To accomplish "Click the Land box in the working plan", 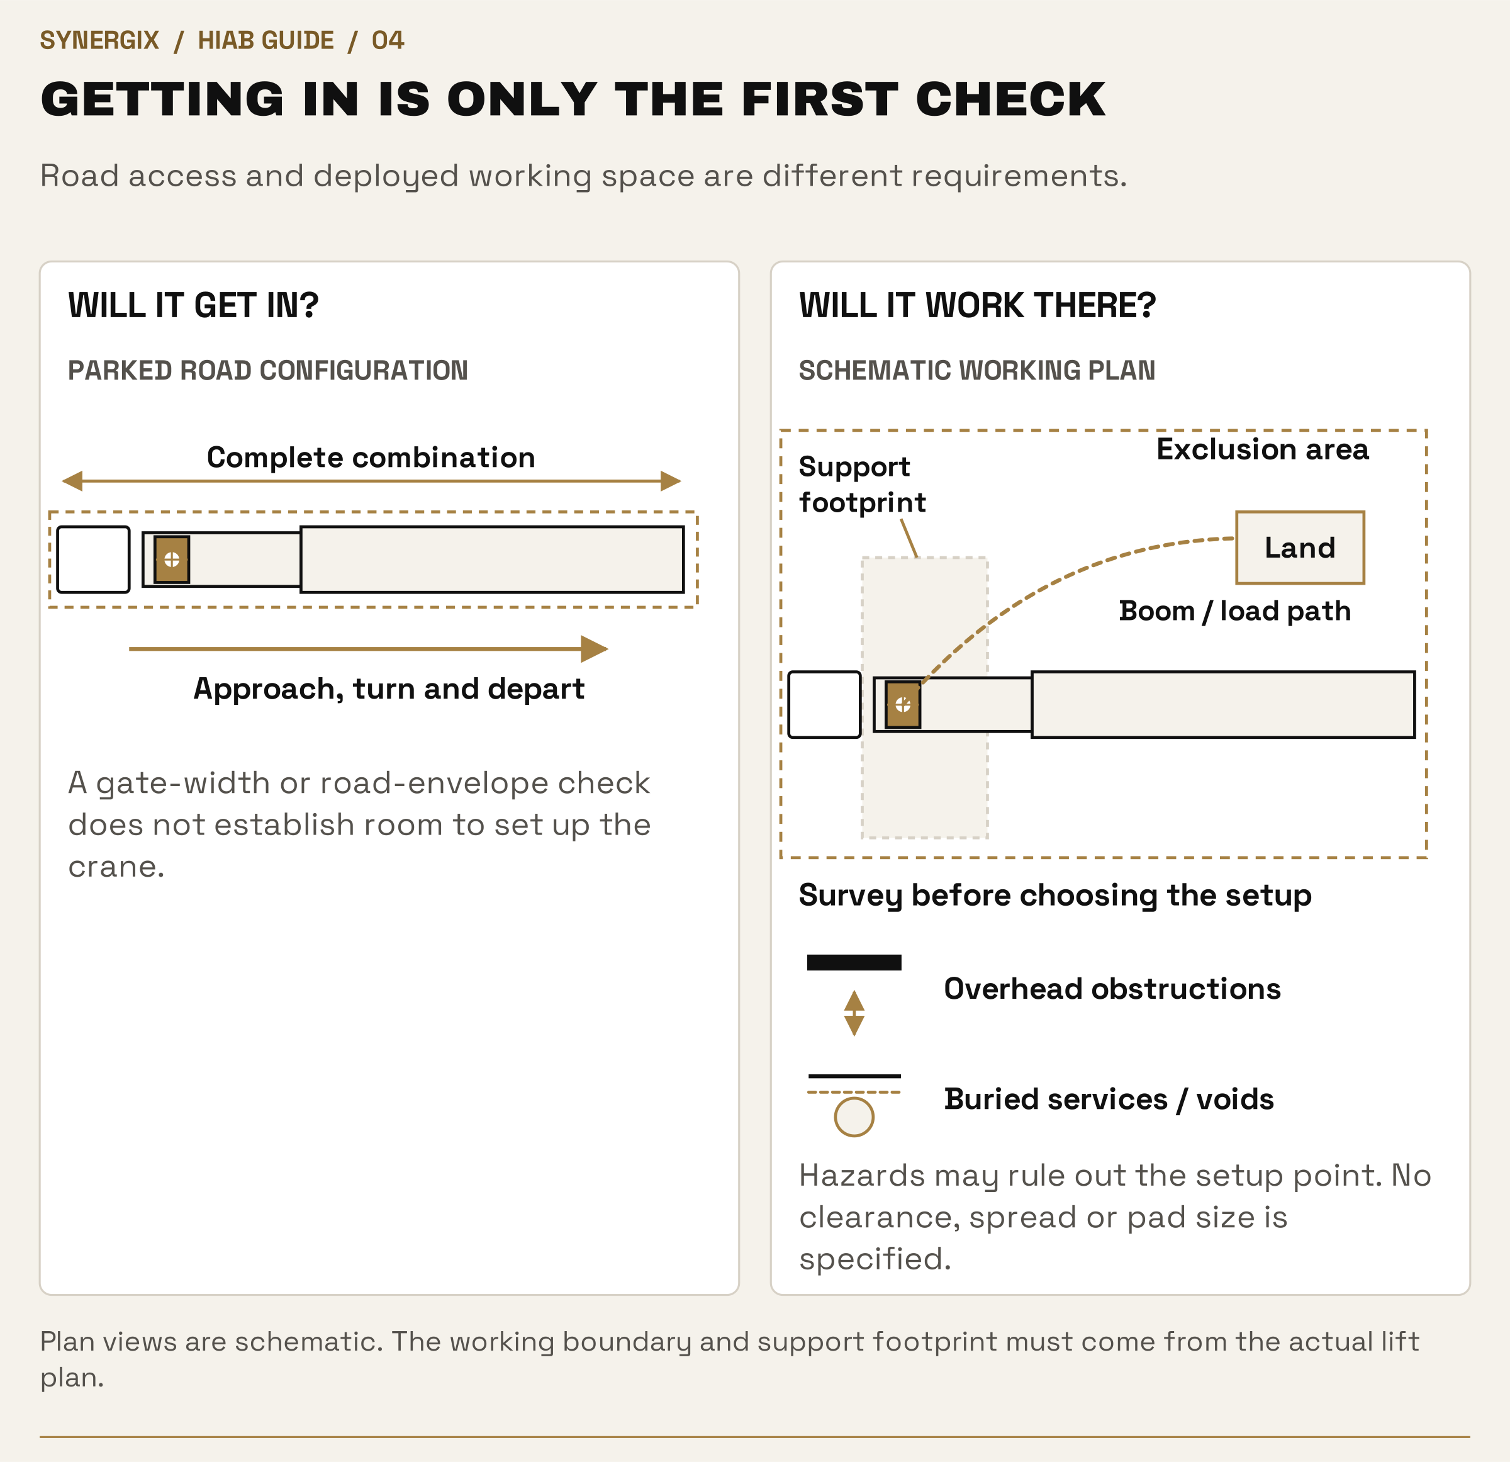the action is [1300, 547].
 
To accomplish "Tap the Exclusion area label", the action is [1263, 449].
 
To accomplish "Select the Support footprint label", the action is [862, 484].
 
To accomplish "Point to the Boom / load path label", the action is [1235, 610].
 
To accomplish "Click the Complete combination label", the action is [371, 457].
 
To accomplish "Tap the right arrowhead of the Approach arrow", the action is [594, 649].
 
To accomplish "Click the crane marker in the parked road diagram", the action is [172, 559].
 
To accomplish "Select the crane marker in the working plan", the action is [903, 704].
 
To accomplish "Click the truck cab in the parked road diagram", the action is [93, 559].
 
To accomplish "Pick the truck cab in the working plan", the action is [824, 704].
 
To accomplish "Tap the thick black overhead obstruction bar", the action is [854, 962].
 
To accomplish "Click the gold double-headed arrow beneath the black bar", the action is [854, 1013].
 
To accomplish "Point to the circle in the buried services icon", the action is [854, 1116].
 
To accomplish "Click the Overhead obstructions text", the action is [1112, 989].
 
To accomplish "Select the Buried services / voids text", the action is [1109, 1099].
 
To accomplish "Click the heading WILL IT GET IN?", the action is [193, 305].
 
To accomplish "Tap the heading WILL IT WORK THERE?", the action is [977, 305].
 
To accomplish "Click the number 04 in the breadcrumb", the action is [388, 40].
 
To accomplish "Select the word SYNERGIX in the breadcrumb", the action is [99, 40].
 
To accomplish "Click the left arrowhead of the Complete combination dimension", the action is [72, 481].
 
